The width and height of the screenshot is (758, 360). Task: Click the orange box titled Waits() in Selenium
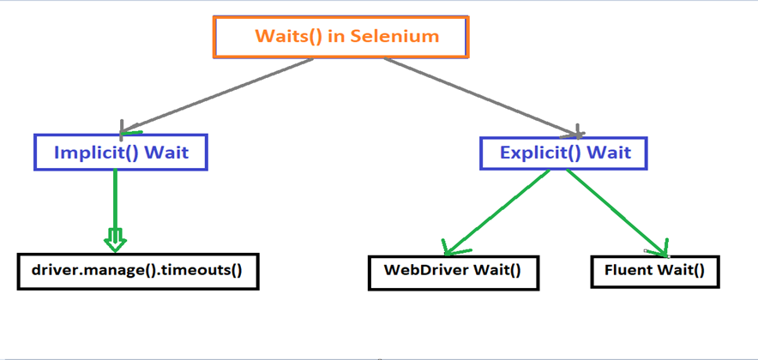(x=340, y=36)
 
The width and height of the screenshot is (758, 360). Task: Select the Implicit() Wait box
(x=121, y=153)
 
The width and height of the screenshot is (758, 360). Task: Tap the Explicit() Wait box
(x=562, y=153)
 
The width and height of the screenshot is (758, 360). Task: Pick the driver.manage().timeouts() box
(x=137, y=271)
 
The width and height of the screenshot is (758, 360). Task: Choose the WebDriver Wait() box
(x=452, y=271)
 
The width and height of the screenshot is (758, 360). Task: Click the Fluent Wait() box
(x=654, y=271)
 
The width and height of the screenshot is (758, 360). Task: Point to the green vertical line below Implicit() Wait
(x=115, y=197)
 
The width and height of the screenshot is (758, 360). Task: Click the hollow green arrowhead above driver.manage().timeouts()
(x=115, y=239)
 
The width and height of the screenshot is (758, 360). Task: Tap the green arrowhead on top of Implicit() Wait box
(x=129, y=132)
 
